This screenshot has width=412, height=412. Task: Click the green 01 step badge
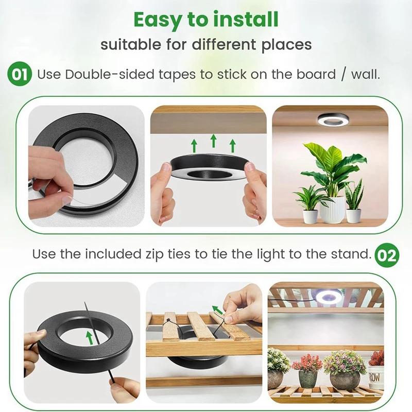tap(20, 74)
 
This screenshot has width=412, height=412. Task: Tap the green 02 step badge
tap(386, 255)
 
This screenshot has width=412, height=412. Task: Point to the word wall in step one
tap(365, 74)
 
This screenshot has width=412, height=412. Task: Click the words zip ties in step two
tap(164, 254)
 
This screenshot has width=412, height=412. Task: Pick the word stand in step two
tap(352, 254)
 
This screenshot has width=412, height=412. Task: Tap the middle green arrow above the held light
tap(213, 140)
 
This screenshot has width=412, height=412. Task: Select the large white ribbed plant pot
tap(332, 209)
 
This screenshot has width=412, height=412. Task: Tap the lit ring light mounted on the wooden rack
tap(325, 297)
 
